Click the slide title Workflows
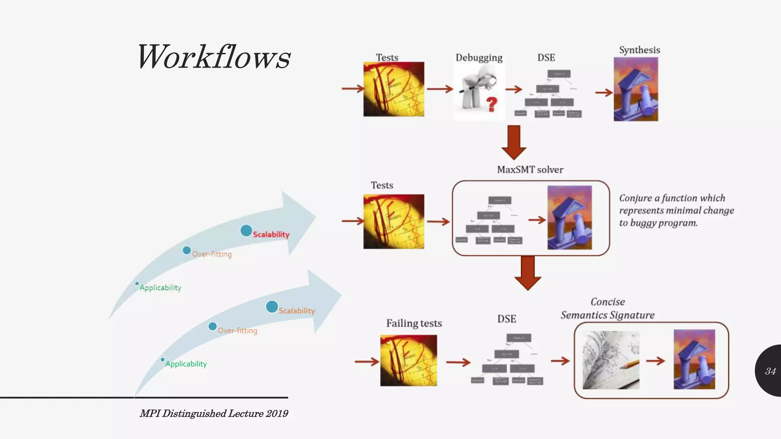click(x=214, y=57)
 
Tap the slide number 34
click(x=770, y=371)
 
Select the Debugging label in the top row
click(x=479, y=58)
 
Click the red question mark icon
click(x=492, y=104)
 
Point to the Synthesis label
click(x=640, y=50)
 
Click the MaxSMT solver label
click(x=530, y=170)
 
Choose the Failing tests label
click(x=414, y=323)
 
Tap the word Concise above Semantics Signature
click(x=607, y=302)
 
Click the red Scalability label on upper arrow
click(x=271, y=234)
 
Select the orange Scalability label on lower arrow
click(x=297, y=311)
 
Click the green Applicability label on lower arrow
click(x=186, y=364)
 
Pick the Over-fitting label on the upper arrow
click(x=212, y=254)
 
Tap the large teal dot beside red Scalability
click(x=246, y=231)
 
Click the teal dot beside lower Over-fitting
click(x=213, y=327)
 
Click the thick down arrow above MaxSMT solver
click(x=514, y=142)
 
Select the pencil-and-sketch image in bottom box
click(x=611, y=360)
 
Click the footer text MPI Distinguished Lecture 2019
click(x=214, y=413)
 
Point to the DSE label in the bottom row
click(x=506, y=319)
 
